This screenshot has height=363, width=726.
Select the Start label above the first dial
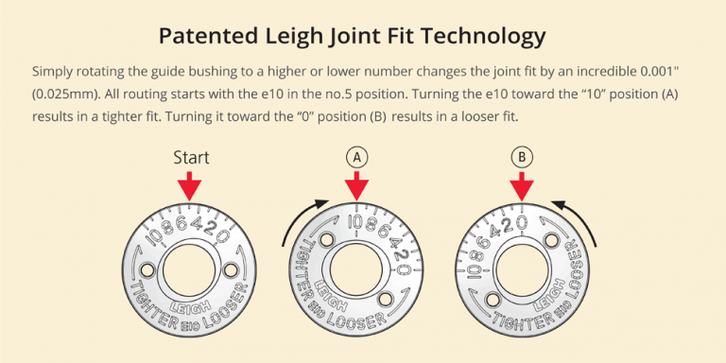[191, 158]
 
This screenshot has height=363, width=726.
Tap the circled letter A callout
[356, 158]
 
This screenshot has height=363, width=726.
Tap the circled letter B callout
[522, 158]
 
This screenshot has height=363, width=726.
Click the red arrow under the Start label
[189, 186]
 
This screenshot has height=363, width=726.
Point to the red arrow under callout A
[356, 186]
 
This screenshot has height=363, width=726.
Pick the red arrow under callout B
[522, 186]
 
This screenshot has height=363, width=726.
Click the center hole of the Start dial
[189, 270]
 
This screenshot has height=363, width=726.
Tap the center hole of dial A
[356, 270]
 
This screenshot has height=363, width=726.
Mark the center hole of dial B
[522, 270]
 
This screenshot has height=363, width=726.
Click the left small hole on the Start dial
[148, 270]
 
